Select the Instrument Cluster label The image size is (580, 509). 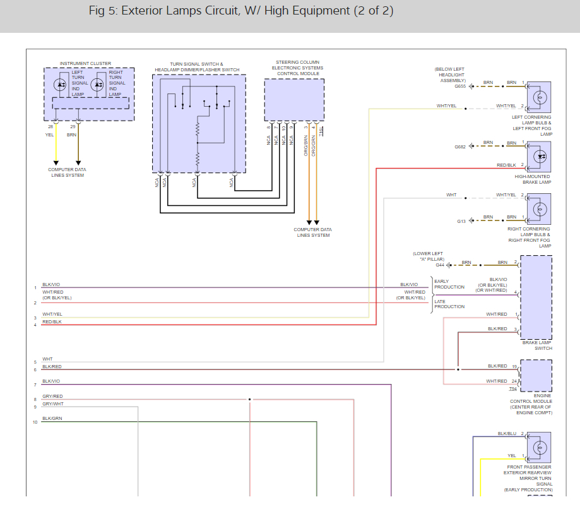point(85,64)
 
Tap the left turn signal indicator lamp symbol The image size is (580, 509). point(60,85)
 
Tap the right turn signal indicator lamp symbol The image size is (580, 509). point(97,85)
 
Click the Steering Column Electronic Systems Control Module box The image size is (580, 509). point(295,100)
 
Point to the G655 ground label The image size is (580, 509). point(460,87)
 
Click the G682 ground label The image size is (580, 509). point(460,147)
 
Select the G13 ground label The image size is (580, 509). point(461,222)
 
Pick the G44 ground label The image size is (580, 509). point(440,265)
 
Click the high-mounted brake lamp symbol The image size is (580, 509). point(540,157)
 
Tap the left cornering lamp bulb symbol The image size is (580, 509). point(540,97)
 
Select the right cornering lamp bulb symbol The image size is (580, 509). point(540,209)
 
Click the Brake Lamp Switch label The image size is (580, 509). point(537,345)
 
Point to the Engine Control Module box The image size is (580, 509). point(536,375)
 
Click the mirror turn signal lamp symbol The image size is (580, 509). point(540,448)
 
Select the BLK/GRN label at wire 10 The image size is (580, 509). point(52,418)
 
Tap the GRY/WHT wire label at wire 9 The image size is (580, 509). point(53,404)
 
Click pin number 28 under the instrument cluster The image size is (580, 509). point(50,126)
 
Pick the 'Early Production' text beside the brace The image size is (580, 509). point(449,284)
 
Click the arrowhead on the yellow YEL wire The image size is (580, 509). point(56,163)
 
